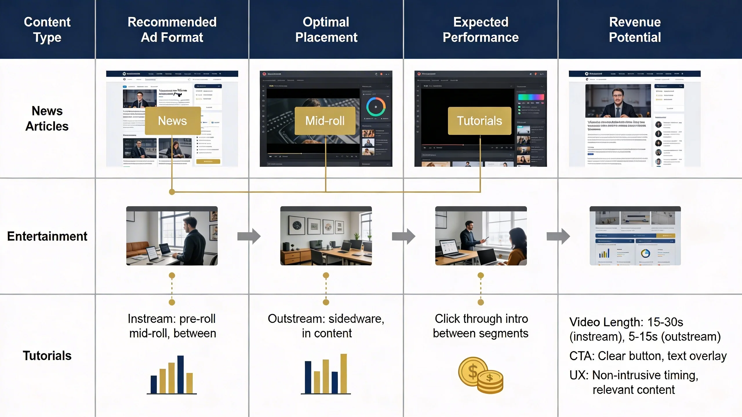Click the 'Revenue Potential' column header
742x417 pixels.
click(635, 30)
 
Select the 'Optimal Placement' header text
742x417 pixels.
click(326, 30)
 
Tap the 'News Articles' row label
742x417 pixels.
click(47, 118)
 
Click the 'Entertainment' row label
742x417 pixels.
click(47, 236)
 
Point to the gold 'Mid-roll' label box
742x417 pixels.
click(325, 121)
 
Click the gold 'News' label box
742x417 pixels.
click(172, 121)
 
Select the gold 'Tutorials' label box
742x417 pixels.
click(479, 121)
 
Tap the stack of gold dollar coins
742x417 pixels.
click(481, 376)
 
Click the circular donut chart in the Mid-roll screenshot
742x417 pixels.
click(376, 107)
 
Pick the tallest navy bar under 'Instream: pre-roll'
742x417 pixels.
click(180, 374)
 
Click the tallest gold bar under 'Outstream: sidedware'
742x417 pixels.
click(343, 374)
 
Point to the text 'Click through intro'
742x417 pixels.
click(481, 319)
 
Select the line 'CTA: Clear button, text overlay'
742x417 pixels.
click(648, 356)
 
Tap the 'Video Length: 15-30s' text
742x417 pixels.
click(626, 322)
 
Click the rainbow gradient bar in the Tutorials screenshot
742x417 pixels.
click(531, 97)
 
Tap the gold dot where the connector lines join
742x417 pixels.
click(172, 192)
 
